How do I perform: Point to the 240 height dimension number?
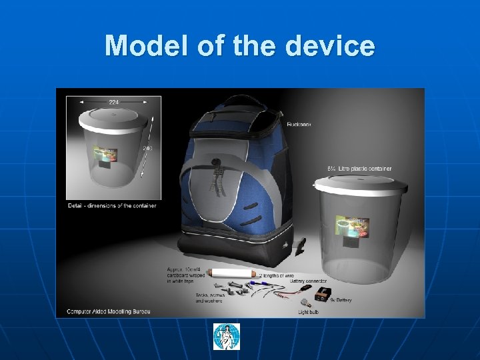click(147, 148)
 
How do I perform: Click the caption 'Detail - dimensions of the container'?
click(112, 205)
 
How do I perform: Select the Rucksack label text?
click(299, 124)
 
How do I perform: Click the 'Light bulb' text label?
click(311, 311)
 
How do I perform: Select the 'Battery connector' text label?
click(307, 280)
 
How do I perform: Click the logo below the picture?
click(226, 337)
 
